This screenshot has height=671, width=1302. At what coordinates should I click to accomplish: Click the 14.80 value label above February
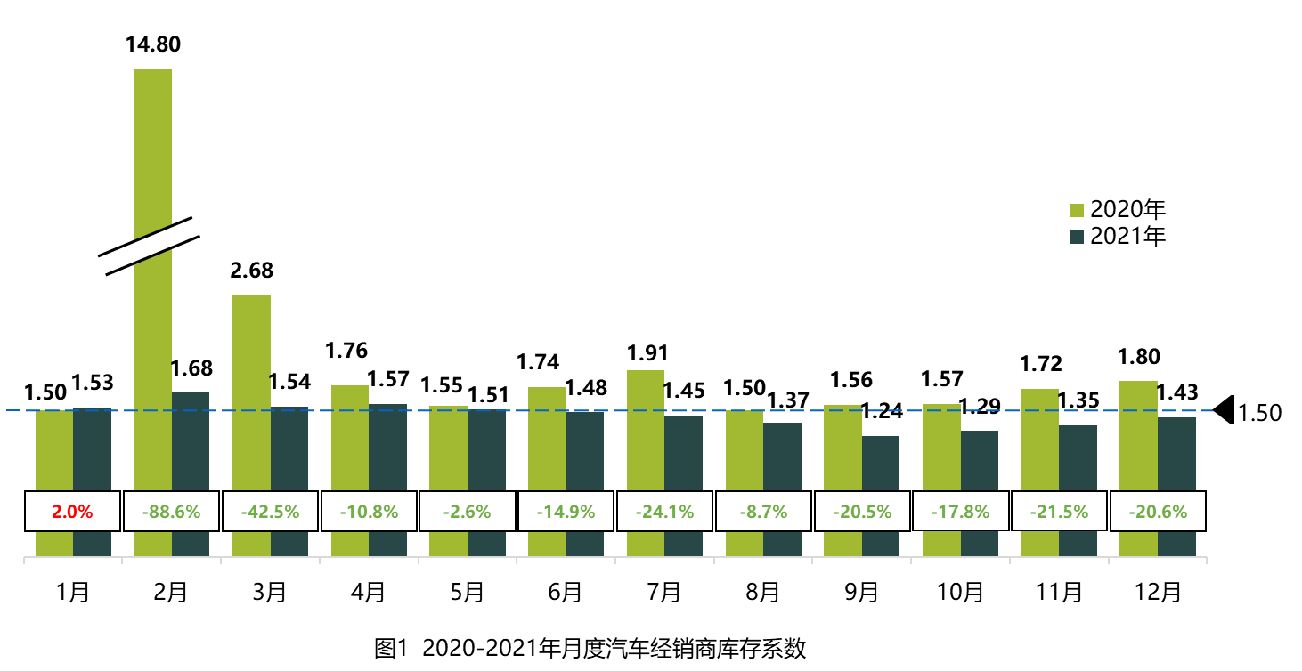[x=153, y=44]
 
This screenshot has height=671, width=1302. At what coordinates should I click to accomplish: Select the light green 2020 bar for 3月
[x=252, y=392]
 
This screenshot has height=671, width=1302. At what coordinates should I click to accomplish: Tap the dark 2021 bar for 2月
[x=191, y=441]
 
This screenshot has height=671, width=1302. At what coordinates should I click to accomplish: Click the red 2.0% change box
[x=72, y=512]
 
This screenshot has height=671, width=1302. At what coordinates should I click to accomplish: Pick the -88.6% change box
[x=171, y=512]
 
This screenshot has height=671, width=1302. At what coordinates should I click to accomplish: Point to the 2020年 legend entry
[x=1119, y=210]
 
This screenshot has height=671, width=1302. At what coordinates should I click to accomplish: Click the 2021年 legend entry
[x=1119, y=236]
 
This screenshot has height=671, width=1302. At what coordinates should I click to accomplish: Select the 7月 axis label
[x=663, y=592]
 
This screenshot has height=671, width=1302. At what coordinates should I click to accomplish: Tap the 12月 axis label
[x=1157, y=592]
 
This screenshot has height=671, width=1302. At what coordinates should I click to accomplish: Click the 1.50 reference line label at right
[x=1260, y=413]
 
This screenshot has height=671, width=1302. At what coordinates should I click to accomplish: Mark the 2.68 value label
[x=252, y=271]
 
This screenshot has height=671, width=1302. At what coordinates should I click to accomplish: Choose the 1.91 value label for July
[x=647, y=353]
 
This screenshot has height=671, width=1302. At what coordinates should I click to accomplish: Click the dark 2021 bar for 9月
[x=881, y=463]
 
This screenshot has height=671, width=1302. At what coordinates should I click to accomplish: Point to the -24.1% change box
[x=663, y=512]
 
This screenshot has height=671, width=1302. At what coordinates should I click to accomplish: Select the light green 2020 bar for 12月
[x=1138, y=436]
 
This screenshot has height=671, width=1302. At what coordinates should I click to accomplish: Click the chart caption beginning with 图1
[x=590, y=649]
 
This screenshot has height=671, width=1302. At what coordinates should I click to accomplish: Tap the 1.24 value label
[x=882, y=411]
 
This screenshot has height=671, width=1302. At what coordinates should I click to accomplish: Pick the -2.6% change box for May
[x=467, y=512]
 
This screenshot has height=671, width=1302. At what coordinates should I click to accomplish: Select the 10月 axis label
[x=960, y=592]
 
